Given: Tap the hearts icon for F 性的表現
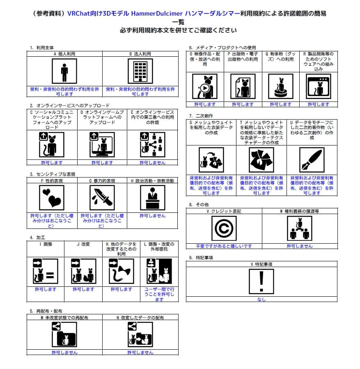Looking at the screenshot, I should pyautogui.click(x=52, y=197).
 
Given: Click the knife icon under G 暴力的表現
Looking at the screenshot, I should pyautogui.click(x=102, y=197).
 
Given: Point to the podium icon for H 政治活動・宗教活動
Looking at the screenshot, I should pyautogui.click(x=152, y=197).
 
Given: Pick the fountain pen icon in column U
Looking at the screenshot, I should pyautogui.click(x=312, y=159).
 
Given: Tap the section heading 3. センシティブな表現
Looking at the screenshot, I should pyautogui.click(x=53, y=174).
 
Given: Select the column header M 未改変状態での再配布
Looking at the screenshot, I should pyautogui.click(x=64, y=318).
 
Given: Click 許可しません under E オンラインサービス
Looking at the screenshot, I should pyautogui.click(x=152, y=163).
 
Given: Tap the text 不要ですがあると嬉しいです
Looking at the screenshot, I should pyautogui.click(x=224, y=246).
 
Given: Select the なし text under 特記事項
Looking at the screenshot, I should pyautogui.click(x=261, y=300).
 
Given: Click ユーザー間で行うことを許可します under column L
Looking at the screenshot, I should pyautogui.click(x=159, y=294).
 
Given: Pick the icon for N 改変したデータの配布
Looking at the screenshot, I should pyautogui.click(x=140, y=334).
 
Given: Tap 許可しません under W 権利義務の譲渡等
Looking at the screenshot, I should pyautogui.click(x=300, y=246).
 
